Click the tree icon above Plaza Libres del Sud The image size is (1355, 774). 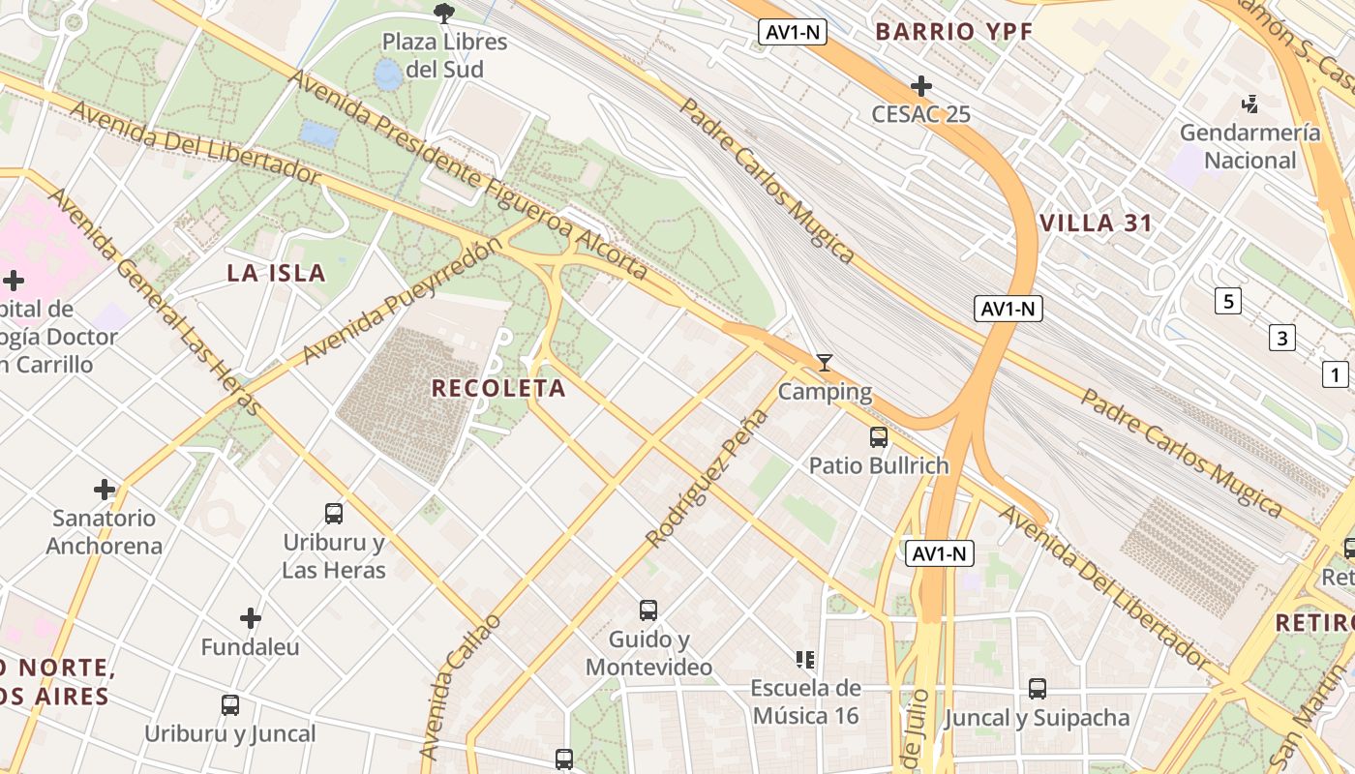tap(444, 13)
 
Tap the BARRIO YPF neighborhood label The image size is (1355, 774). tap(954, 31)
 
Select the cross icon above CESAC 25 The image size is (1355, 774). tap(921, 86)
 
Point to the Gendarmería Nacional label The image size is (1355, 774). tap(1250, 146)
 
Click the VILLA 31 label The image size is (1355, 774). tap(1096, 223)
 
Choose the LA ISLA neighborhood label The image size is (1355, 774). tap(276, 273)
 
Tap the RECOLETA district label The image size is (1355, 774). tap(498, 388)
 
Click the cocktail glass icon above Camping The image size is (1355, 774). tap(825, 363)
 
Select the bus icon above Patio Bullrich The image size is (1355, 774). tap(879, 437)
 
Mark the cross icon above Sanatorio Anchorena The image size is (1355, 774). tap(105, 490)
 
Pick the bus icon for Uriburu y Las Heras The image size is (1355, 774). tap(334, 514)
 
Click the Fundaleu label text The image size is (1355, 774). tap(251, 646)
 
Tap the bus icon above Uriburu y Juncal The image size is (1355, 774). tap(230, 705)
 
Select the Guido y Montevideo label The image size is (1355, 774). tap(649, 653)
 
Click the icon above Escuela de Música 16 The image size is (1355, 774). tap(804, 660)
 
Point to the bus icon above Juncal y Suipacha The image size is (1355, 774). tap(1038, 689)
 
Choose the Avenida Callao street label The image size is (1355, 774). tap(461, 687)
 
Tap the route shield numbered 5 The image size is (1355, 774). tap(1228, 301)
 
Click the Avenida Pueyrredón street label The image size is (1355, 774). tap(402, 301)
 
